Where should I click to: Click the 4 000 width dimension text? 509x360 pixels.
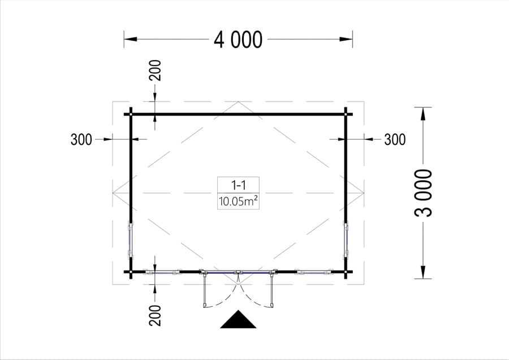point(238,40)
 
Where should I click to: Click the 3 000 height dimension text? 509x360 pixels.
point(423,192)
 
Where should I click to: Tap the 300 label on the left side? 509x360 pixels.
point(81,140)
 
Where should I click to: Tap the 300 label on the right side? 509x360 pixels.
point(395,140)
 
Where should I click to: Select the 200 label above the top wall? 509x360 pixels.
point(155,70)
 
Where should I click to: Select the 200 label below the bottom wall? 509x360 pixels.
point(155,315)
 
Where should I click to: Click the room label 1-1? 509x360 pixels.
point(238,185)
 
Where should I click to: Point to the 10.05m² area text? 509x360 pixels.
point(238,202)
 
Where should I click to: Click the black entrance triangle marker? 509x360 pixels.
point(238,319)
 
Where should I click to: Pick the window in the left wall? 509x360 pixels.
point(131,240)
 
